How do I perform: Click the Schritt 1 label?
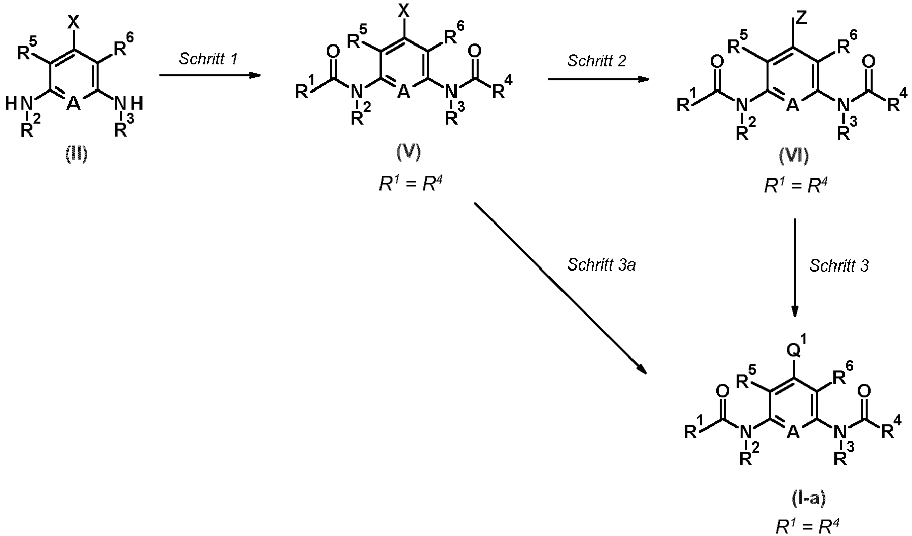[208, 59]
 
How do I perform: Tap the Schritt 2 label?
[596, 61]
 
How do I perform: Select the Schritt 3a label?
[602, 265]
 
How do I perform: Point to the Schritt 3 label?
[839, 266]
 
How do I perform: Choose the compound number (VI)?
[794, 157]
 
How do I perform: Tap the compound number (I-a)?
[808, 498]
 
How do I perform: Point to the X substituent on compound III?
[74, 21]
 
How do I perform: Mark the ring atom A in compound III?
[74, 103]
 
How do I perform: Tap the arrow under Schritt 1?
[210, 75]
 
